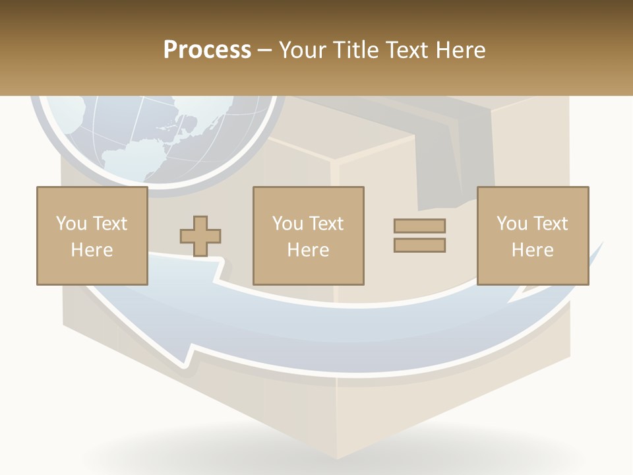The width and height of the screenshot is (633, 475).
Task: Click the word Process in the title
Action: pyautogui.click(x=207, y=50)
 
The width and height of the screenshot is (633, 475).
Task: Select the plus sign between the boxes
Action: pyautogui.click(x=200, y=236)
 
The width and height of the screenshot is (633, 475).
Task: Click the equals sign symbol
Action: pyautogui.click(x=419, y=236)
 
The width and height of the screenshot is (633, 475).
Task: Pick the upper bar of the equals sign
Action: pyautogui.click(x=419, y=226)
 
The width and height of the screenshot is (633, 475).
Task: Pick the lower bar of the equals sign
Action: pyautogui.click(x=419, y=245)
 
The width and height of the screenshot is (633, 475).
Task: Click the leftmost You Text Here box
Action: pyautogui.click(x=92, y=236)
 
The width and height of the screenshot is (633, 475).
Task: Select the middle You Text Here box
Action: pyautogui.click(x=308, y=236)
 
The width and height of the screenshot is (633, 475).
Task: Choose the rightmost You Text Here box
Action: pyautogui.click(x=532, y=236)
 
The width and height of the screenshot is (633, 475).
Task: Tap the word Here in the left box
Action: pyautogui.click(x=92, y=250)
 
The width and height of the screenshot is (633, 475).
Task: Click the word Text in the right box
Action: pyautogui.click(x=550, y=224)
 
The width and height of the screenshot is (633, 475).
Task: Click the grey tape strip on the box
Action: pyautogui.click(x=455, y=158)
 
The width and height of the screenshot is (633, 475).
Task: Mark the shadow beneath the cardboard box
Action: pyautogui.click(x=330, y=455)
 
